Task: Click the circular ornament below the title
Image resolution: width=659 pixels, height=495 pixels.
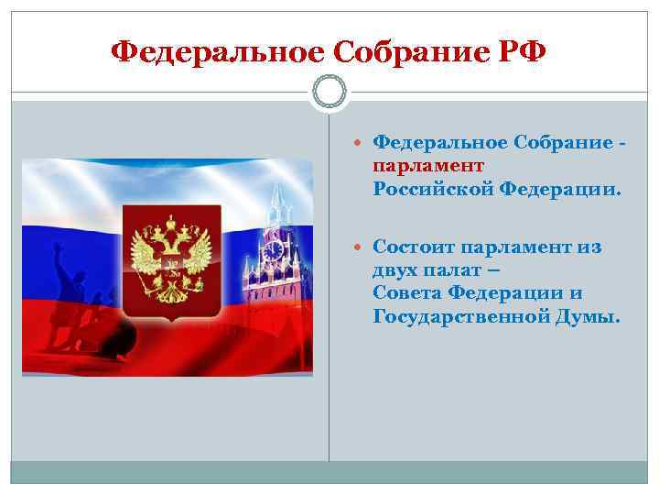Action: coord(329,93)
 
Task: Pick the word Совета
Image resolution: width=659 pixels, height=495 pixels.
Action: coord(409,293)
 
